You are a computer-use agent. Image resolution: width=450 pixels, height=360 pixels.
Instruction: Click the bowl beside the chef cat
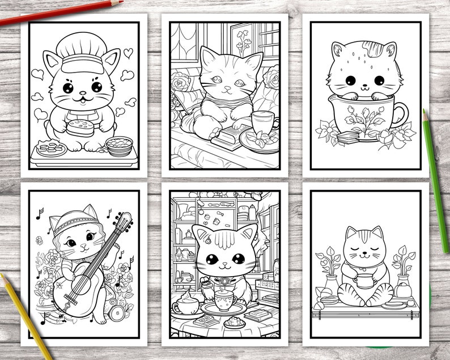pos(119,146)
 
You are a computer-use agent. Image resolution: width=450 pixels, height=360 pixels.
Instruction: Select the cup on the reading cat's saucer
pos(262,122)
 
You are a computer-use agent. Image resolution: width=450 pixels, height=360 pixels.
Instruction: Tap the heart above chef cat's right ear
pos(129,53)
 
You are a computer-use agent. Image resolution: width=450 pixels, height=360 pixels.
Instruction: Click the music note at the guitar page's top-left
pos(40,213)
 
